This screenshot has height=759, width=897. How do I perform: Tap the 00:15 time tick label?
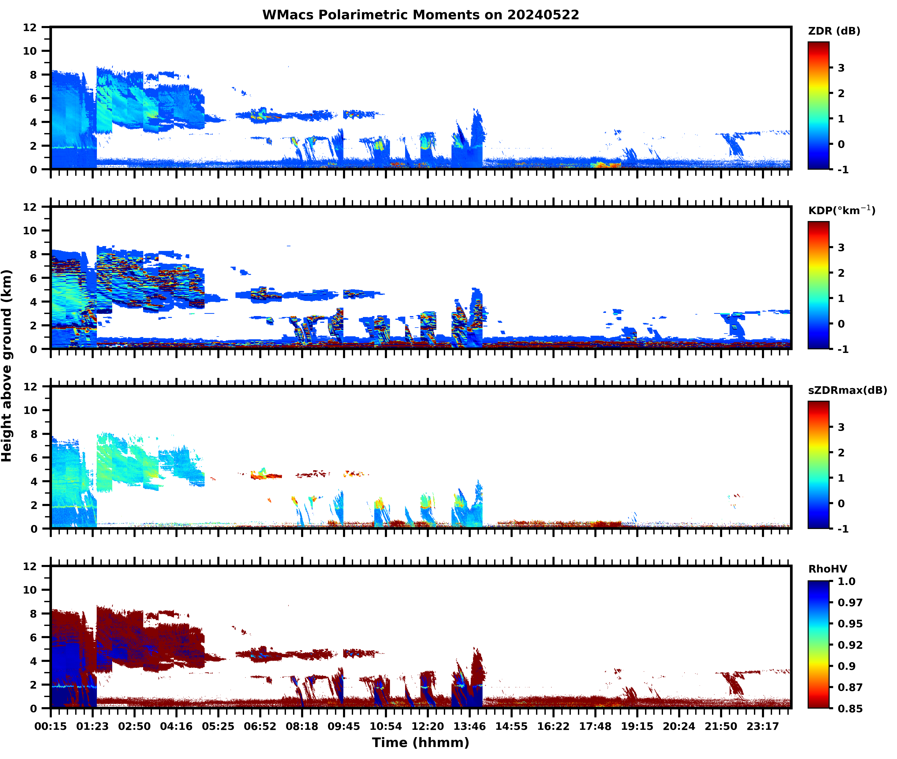(x=51, y=726)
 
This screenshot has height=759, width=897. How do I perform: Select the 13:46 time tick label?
(x=469, y=726)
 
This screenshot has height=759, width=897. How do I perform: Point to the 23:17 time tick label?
(x=762, y=726)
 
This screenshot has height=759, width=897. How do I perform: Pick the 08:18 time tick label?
(x=302, y=726)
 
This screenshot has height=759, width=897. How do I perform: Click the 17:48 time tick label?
(x=595, y=726)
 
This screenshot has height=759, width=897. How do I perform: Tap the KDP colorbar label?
(x=841, y=210)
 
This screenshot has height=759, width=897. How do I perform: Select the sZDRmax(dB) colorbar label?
(x=847, y=390)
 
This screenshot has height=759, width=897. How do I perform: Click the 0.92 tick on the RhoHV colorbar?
(x=850, y=644)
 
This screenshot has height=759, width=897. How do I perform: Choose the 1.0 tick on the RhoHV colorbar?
(x=846, y=581)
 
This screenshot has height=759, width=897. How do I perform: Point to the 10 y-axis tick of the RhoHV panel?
(x=30, y=590)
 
